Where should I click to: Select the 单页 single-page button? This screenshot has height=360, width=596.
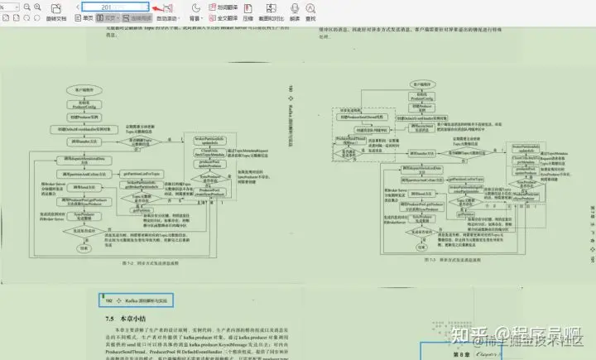pyautogui.click(x=85, y=17)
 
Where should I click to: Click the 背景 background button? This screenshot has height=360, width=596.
pyautogui.click(x=195, y=17)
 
